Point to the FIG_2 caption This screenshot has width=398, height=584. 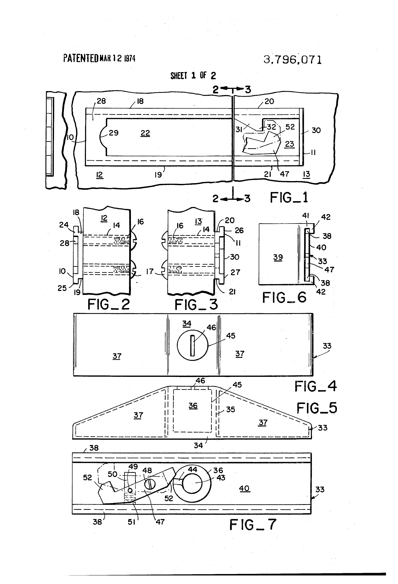(x=108, y=305)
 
